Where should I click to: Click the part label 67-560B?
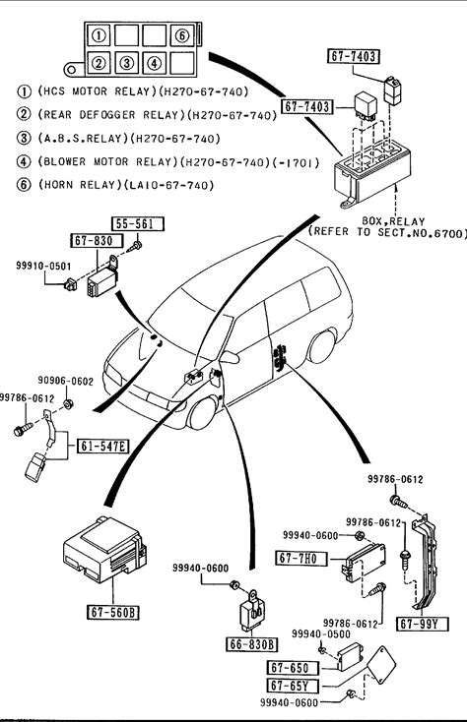pyautogui.click(x=113, y=612)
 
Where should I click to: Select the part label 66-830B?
pyautogui.click(x=251, y=644)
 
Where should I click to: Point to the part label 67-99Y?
pyautogui.click(x=423, y=624)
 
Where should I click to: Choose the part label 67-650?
pyautogui.click(x=294, y=667)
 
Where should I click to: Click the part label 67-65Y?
pyautogui.click(x=294, y=686)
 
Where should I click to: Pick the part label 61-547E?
pyautogui.click(x=102, y=446)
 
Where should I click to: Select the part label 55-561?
pyautogui.click(x=138, y=224)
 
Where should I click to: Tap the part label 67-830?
pyautogui.click(x=98, y=240)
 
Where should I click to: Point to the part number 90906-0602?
pyautogui.click(x=65, y=381)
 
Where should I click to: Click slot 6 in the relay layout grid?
pyautogui.click(x=182, y=35)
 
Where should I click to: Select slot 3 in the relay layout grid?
pyautogui.click(x=127, y=62)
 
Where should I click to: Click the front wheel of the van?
pyautogui.click(x=202, y=412)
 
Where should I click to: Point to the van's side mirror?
pyautogui.click(x=230, y=357)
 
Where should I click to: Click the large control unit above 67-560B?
pyautogui.click(x=104, y=549)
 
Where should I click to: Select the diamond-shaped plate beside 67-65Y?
pyautogui.click(x=380, y=664)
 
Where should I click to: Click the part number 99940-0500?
pyautogui.click(x=320, y=634)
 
